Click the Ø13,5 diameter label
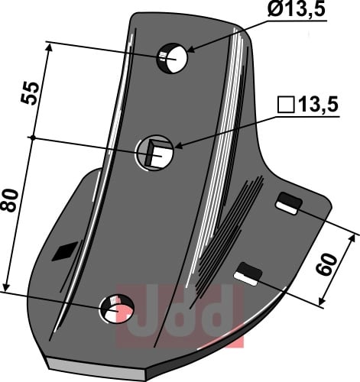[297, 9]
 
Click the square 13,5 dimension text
[308, 105]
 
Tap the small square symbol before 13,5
[286, 105]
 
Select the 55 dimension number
[30, 93]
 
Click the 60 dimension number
[326, 264]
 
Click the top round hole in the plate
[172, 59]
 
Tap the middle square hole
[154, 153]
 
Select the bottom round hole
[117, 309]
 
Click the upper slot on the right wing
[289, 203]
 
